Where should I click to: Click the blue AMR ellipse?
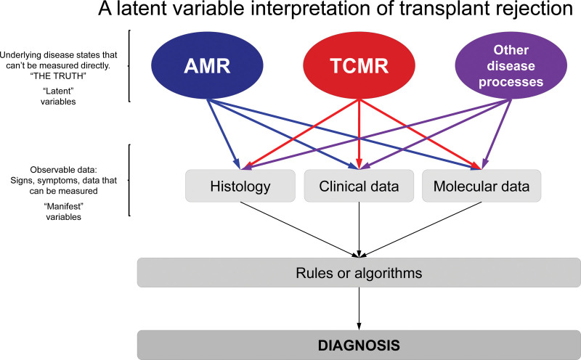[207, 65]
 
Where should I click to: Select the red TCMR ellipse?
[359, 65]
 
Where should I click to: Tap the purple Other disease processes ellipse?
[511, 65]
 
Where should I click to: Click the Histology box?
[240, 186]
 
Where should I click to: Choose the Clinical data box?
[359, 186]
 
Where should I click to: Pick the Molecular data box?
[482, 186]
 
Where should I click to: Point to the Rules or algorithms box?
[359, 273]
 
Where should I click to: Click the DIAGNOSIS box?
[359, 345]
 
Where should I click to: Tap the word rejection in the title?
[540, 9]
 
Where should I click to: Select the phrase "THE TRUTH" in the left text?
[58, 76]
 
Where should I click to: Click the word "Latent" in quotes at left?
[58, 91]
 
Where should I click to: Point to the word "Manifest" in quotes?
[63, 206]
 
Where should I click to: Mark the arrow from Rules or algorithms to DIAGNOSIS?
[359, 309]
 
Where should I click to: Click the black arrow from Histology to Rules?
[299, 229]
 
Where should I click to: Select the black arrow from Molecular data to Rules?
[420, 229]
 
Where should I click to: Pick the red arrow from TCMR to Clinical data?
[359, 134]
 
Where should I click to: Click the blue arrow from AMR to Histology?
[224, 134]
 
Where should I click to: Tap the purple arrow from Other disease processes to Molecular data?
[497, 134]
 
